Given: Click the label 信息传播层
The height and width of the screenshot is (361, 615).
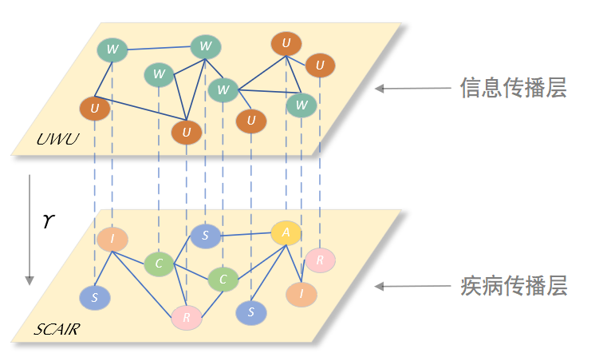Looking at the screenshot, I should [513, 88].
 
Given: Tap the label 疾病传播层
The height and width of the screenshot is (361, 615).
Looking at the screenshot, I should [513, 286].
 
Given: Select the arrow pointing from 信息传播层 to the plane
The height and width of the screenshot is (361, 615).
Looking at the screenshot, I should [408, 89].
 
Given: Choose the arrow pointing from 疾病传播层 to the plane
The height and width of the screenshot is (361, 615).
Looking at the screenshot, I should [408, 286].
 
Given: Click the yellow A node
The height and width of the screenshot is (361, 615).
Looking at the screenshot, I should [286, 232].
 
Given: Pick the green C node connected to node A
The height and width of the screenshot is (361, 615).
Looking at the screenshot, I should [223, 280].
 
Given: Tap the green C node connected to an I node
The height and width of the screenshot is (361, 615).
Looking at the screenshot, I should [159, 264].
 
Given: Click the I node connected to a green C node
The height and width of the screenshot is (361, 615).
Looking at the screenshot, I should [112, 239].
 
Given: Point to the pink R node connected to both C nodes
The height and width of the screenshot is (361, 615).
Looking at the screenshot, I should [187, 318].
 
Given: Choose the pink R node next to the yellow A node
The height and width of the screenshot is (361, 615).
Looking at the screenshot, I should [320, 260].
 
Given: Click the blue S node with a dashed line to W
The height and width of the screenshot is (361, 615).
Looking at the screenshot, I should [205, 236].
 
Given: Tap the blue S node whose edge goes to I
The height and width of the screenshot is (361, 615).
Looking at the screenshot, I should [95, 297].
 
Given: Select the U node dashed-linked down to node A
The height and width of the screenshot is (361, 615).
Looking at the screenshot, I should [286, 43].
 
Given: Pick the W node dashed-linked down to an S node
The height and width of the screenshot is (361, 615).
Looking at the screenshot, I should [205, 46].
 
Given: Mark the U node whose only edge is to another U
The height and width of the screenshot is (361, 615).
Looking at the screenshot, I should [320, 65].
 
